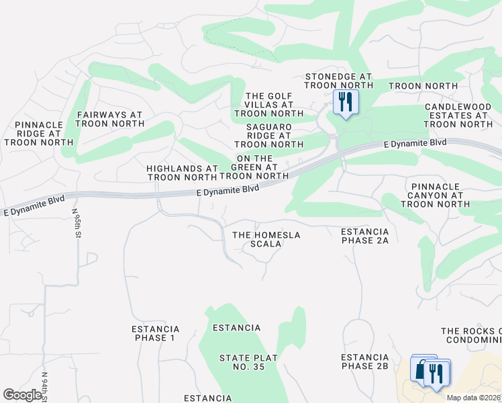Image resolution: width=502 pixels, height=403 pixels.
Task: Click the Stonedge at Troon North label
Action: pos(339,81)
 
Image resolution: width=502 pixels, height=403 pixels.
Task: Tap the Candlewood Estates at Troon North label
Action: pos(458,116)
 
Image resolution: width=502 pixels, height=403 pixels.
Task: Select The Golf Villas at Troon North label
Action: pos(269,105)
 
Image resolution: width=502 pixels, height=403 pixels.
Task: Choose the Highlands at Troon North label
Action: pos(183,173)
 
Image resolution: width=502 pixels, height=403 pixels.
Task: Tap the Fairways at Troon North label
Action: pos(110,120)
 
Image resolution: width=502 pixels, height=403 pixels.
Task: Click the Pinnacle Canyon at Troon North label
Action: pos(439,195)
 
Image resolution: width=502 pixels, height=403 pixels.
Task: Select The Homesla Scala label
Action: pos(266,239)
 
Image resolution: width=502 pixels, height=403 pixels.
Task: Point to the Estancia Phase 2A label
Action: pos(365,236)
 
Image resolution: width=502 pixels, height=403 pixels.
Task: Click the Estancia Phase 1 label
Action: pos(155,333)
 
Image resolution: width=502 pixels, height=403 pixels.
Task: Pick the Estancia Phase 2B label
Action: pos(365,361)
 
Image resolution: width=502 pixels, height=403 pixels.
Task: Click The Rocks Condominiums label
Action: pos(471,335)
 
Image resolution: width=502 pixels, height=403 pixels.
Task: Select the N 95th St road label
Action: pos(77,223)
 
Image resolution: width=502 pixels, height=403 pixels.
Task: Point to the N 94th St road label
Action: pos(45,387)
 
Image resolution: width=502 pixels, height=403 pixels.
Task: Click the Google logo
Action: pos(22,395)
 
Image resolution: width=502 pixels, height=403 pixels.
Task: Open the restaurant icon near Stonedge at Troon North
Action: pos(346,102)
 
